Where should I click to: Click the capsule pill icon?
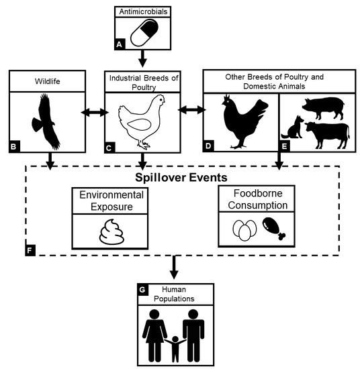(144, 33)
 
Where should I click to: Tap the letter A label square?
(120, 44)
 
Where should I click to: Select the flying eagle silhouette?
(46, 121)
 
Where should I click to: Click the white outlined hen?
(141, 121)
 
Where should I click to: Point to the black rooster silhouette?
(244, 121)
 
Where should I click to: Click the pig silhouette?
(323, 108)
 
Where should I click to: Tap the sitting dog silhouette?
(292, 127)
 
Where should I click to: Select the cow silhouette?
(328, 135)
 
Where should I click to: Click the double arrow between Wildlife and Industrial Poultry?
(95, 112)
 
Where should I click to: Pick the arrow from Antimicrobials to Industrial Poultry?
(142, 58)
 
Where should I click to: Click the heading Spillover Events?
(181, 177)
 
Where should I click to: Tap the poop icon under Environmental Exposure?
(111, 232)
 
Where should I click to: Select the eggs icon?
(244, 230)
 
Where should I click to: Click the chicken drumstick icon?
(274, 228)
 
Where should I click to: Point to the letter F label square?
(30, 250)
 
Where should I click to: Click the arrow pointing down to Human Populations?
(174, 267)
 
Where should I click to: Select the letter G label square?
(143, 289)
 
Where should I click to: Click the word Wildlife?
(48, 81)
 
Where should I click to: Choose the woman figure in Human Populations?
(154, 335)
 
